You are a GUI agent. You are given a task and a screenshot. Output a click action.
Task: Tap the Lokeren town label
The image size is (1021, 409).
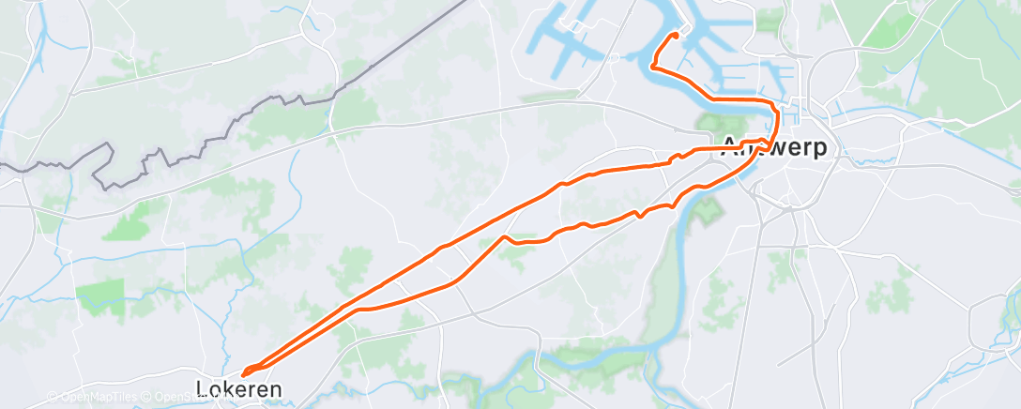tap(238, 387)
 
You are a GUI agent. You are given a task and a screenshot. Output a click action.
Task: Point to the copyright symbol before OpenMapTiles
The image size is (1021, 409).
tap(52, 398)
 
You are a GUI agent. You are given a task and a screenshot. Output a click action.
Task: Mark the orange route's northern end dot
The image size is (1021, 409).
tap(675, 36)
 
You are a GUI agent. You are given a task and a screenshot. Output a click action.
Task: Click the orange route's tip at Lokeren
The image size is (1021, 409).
tap(244, 376)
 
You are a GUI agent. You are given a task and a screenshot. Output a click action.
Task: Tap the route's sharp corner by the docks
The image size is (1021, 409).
tap(651, 66)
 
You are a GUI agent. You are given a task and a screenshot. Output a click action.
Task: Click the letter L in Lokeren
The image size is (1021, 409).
tap(202, 387)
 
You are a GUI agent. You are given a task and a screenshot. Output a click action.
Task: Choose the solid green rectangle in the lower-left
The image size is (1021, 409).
tap(99, 296)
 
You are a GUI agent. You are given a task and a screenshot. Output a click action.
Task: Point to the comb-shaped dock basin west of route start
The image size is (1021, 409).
tap(563, 47)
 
